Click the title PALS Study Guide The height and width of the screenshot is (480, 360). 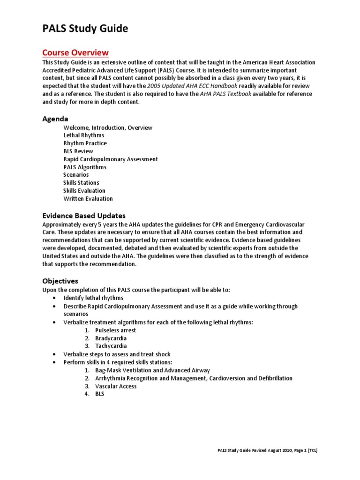[85, 29]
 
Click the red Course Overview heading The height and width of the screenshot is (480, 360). [75, 52]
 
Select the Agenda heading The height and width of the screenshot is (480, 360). [55, 119]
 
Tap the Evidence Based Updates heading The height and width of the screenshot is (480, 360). [84, 216]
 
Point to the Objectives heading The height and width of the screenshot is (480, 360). [60, 281]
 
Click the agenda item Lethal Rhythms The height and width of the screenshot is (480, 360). [84, 135]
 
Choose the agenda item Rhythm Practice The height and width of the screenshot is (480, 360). [85, 143]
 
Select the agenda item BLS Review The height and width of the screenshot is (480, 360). [78, 151]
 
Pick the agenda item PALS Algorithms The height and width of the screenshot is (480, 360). [85, 167]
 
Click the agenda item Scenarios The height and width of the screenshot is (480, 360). [76, 175]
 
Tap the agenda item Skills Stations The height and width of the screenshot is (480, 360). [81, 183]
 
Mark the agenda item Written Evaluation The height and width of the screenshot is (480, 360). [88, 199]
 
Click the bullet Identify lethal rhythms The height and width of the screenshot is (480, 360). [93, 298]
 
